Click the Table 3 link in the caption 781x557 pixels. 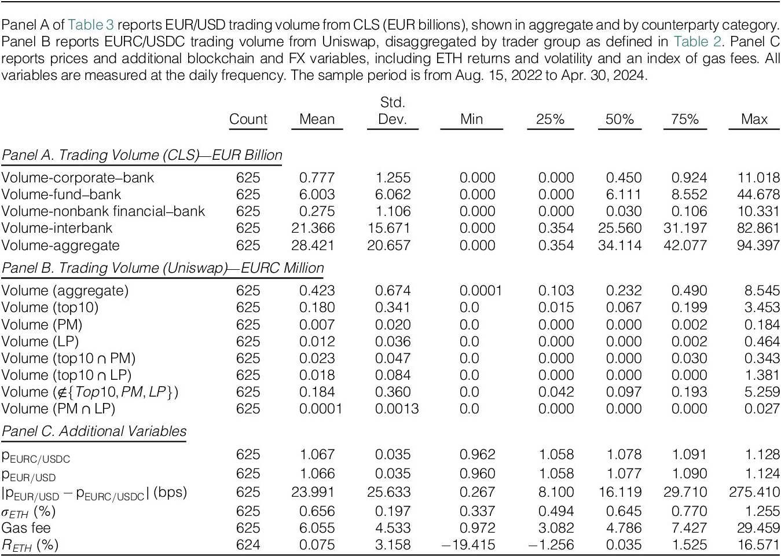point(91,25)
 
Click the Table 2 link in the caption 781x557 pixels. point(697,42)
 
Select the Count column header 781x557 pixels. point(248,119)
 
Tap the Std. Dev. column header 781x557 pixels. point(393,111)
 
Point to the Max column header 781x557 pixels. point(754,119)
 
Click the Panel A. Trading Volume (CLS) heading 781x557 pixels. point(142,155)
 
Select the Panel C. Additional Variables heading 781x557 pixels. point(94,431)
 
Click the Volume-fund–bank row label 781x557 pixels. point(61,195)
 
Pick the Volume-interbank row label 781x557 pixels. point(57,228)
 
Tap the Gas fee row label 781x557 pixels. point(26,528)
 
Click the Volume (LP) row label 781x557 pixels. point(40,342)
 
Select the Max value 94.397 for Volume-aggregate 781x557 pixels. point(758,245)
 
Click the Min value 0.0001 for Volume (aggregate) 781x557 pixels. point(481,291)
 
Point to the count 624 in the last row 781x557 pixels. point(248,545)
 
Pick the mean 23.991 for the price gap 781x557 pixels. point(313,492)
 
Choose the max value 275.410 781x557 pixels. point(754,492)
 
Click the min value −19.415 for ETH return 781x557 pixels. point(468,545)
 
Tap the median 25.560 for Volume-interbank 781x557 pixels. point(620,228)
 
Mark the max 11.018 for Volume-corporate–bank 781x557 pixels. point(758,178)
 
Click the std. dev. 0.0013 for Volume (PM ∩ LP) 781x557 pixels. point(397,409)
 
